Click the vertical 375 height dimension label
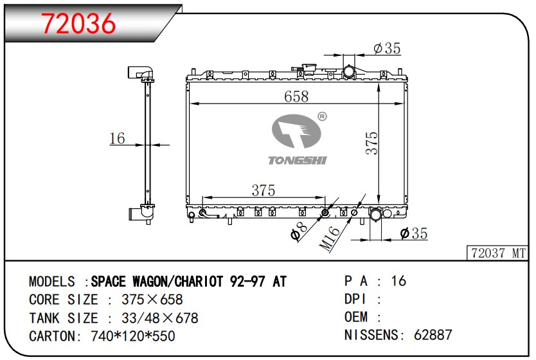click(x=372, y=143)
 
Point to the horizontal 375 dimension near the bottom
click(x=263, y=190)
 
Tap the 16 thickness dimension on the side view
click(x=116, y=138)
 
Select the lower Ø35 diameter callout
click(x=413, y=234)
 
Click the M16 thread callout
click(x=330, y=239)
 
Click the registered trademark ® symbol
click(x=322, y=116)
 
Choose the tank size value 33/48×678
click(x=152, y=318)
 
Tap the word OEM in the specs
click(x=356, y=317)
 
